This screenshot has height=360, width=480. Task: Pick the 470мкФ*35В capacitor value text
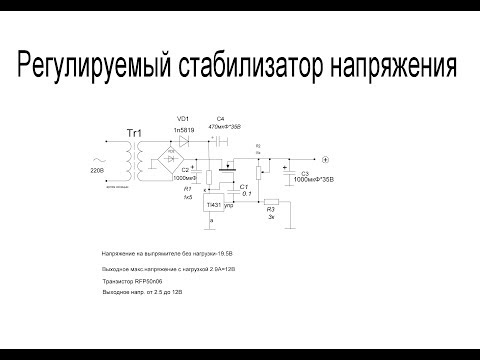(x=222, y=128)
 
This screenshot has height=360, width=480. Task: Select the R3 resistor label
(x=270, y=210)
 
